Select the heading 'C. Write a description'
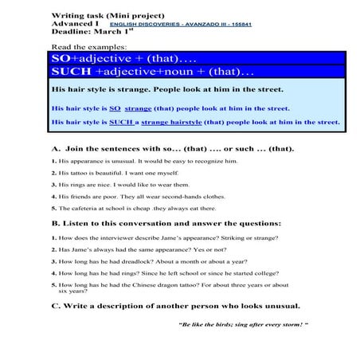[x=175, y=306]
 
